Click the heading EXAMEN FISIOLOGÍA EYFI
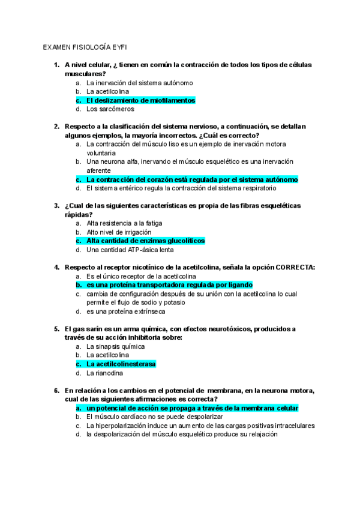click(x=84, y=46)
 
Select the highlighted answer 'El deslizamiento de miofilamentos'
click(x=140, y=100)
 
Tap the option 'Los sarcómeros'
click(x=110, y=109)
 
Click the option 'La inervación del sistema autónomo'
click(x=139, y=82)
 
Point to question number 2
click(x=56, y=126)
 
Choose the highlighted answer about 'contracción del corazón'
click(x=191, y=179)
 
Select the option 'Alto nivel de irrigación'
click(x=119, y=232)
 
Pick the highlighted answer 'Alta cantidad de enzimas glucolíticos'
click(x=145, y=241)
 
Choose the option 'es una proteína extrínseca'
click(x=126, y=312)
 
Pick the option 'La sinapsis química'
click(x=115, y=346)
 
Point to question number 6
click(x=56, y=390)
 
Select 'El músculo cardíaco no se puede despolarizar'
click(x=154, y=417)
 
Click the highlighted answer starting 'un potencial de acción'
click(x=192, y=408)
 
